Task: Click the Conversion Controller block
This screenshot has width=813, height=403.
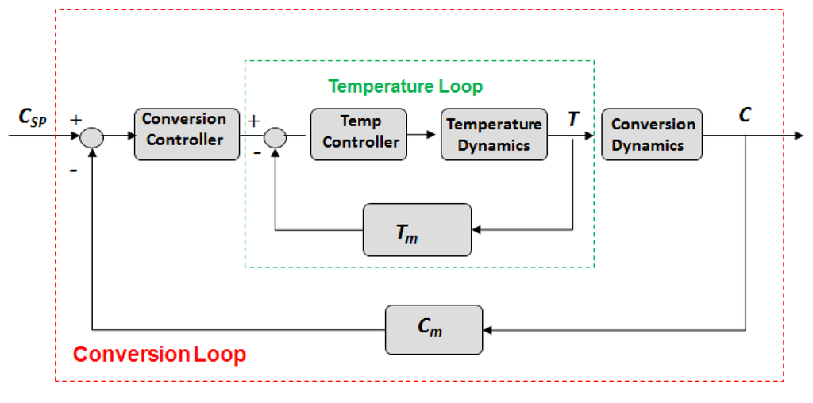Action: [x=186, y=134]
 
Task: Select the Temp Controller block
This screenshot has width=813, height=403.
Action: [x=360, y=134]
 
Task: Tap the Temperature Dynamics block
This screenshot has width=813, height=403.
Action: [x=494, y=134]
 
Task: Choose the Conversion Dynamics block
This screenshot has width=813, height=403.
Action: [x=652, y=134]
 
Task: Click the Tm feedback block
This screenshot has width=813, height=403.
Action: [x=417, y=230]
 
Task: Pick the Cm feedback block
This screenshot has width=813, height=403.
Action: [x=433, y=329]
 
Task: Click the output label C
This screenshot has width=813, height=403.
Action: [x=745, y=115]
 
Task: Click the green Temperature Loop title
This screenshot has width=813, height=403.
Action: [x=405, y=86]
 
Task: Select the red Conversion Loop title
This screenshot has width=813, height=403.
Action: [x=159, y=354]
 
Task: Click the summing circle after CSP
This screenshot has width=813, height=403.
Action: [x=92, y=136]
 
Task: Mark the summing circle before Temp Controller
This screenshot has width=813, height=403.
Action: [x=275, y=136]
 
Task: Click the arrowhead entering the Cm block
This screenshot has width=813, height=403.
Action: [x=487, y=329]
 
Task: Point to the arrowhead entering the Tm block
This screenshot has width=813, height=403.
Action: [x=476, y=230]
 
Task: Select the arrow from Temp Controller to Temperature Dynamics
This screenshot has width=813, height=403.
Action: [x=424, y=135]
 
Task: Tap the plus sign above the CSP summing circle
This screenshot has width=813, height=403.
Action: [x=76, y=120]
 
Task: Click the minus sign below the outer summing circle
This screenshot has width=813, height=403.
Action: [x=73, y=170]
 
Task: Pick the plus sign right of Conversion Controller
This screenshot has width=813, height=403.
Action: [x=254, y=121]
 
